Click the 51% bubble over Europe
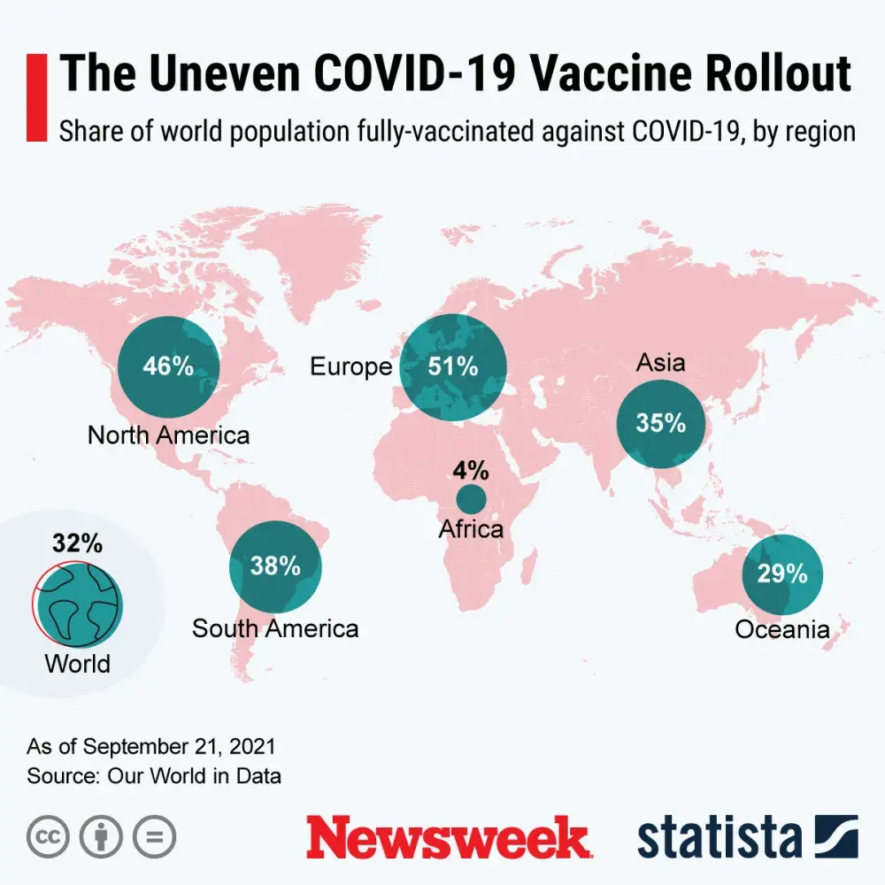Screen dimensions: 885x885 pyautogui.click(x=453, y=367)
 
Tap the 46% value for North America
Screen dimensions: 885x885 pyautogui.click(x=168, y=366)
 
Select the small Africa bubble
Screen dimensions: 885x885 pyautogui.click(x=471, y=498)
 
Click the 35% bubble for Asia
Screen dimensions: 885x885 pyautogui.click(x=661, y=423)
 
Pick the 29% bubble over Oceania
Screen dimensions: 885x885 pyautogui.click(x=782, y=573)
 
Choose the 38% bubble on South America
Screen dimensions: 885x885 pyautogui.click(x=275, y=566)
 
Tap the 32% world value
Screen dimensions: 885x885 pyautogui.click(x=77, y=543)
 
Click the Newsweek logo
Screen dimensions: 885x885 pyautogui.click(x=448, y=837)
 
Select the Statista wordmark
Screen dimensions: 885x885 pyautogui.click(x=720, y=837)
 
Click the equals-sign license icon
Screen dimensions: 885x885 pyautogui.click(x=155, y=836)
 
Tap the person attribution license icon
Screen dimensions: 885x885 pyautogui.click(x=102, y=836)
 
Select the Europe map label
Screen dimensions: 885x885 pyautogui.click(x=350, y=367)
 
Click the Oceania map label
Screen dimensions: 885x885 pyautogui.click(x=782, y=630)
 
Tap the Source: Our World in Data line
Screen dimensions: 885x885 pyautogui.click(x=154, y=776)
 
